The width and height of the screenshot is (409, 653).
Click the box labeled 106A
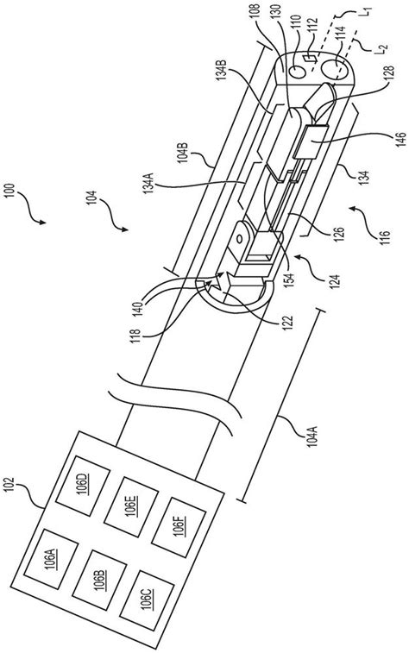tap(51, 559)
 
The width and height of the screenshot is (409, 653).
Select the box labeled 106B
tap(99, 581)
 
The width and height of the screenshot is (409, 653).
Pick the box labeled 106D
tap(83, 486)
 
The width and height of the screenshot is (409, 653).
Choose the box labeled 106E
tap(131, 507)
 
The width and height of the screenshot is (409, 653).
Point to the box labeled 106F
tap(179, 528)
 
